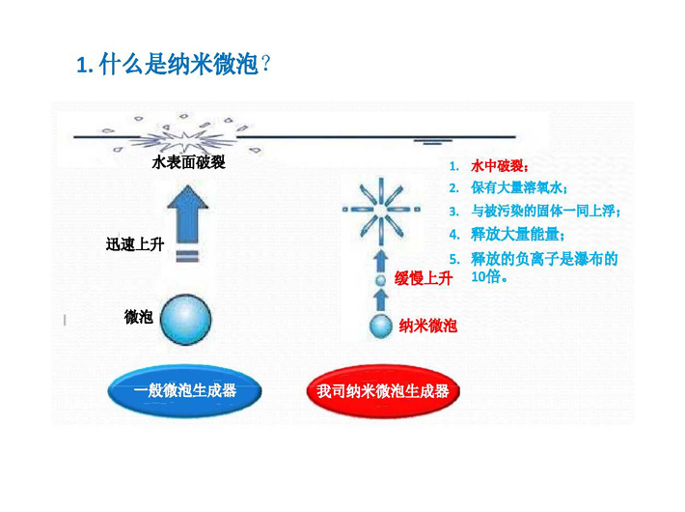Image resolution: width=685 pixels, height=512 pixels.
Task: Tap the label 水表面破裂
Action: [x=189, y=163]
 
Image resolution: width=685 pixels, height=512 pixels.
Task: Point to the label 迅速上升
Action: [x=135, y=244]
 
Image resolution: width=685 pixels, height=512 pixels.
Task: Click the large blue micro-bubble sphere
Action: [x=185, y=319]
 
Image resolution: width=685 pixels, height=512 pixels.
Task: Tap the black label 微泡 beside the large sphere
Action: [x=139, y=317]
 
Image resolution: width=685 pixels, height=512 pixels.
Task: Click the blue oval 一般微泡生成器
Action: [x=185, y=390]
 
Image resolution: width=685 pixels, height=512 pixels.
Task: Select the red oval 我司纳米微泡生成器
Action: [x=383, y=391]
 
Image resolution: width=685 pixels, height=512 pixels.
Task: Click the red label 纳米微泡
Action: [x=428, y=326]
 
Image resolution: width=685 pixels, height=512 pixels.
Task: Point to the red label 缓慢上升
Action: [x=423, y=278]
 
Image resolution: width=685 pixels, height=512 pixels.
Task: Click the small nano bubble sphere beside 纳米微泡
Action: [x=381, y=327]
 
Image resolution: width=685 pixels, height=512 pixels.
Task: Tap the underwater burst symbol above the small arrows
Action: [x=381, y=210]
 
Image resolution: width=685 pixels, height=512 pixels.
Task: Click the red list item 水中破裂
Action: [x=500, y=166]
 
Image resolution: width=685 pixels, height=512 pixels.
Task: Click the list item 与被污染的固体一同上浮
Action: [x=546, y=211]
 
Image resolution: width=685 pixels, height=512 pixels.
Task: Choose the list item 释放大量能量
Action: [x=518, y=235]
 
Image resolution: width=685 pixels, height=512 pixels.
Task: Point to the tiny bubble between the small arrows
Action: [x=381, y=280]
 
